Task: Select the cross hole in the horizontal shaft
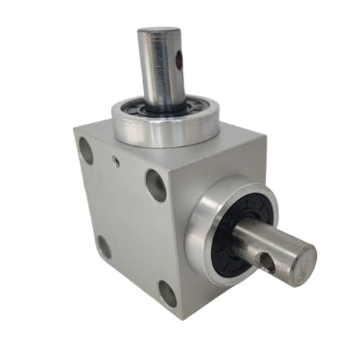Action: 267,264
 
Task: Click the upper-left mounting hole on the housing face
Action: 86,150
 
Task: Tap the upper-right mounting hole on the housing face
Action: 156,184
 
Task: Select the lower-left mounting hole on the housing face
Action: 104,247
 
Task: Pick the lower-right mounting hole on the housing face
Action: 167,294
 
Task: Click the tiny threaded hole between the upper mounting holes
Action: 116,162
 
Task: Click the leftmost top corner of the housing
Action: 73,130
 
